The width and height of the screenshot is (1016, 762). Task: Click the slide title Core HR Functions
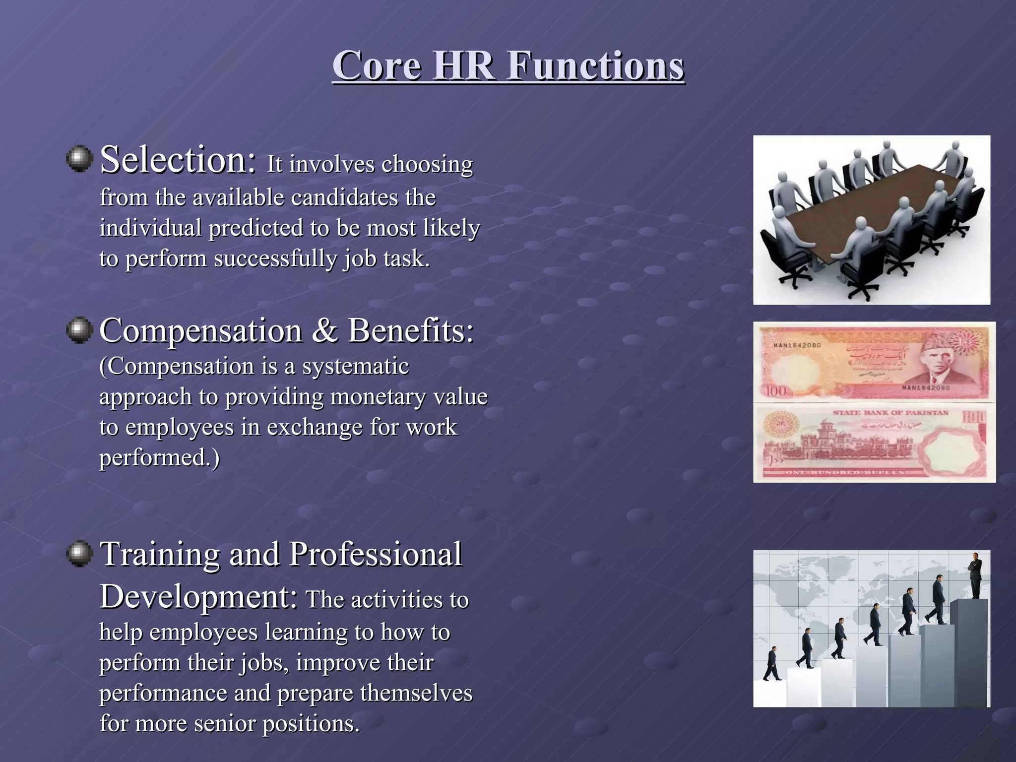(x=508, y=66)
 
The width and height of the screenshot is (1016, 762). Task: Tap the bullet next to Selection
(x=79, y=159)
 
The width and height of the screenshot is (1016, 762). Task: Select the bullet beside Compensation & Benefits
(x=79, y=330)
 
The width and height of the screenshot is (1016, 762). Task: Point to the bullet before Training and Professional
(x=79, y=554)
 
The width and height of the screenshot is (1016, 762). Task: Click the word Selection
(x=177, y=160)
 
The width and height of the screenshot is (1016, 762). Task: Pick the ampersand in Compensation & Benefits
(x=324, y=331)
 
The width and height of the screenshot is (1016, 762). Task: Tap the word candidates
(x=344, y=197)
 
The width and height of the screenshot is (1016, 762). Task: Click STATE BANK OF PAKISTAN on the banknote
(x=890, y=413)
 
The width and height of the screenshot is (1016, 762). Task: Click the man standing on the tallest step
(x=975, y=575)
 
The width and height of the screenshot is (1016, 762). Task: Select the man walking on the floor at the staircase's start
(x=772, y=664)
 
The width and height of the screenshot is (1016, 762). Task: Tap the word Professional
(x=375, y=554)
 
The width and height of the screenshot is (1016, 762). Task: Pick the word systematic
(x=355, y=367)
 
